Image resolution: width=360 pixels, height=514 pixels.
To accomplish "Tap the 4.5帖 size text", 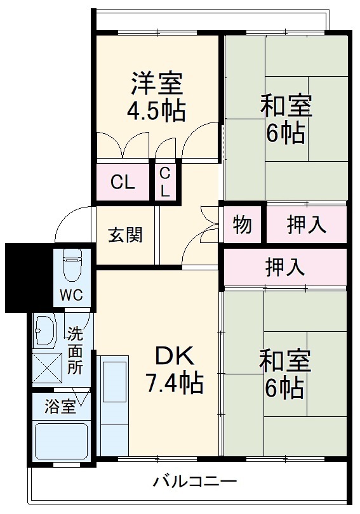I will [x=157, y=111].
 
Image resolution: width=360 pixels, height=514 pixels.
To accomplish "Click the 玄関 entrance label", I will [x=125, y=235].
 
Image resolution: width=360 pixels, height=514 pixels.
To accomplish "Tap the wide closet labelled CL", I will [x=123, y=183].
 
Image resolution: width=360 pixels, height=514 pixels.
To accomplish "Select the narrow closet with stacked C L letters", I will [x=165, y=182].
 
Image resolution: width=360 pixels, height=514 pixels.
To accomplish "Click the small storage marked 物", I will [x=242, y=225].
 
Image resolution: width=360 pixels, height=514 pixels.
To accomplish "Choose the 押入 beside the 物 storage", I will [x=307, y=225].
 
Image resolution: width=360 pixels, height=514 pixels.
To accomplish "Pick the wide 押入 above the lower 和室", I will [x=285, y=267].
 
